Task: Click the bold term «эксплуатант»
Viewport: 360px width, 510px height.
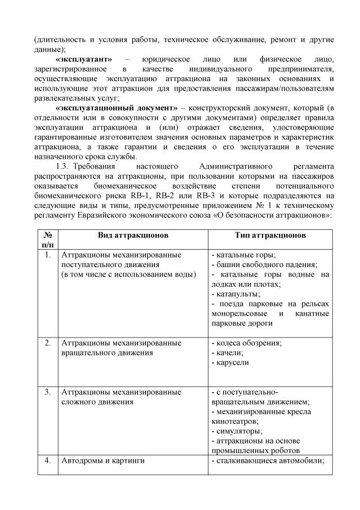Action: click(x=84, y=59)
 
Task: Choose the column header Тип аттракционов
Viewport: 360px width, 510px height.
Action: click(x=270, y=235)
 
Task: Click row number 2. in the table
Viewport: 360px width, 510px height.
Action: click(x=48, y=343)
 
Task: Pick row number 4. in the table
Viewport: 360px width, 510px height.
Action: click(x=48, y=461)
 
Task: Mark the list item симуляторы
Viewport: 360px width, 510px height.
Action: click(x=235, y=431)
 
